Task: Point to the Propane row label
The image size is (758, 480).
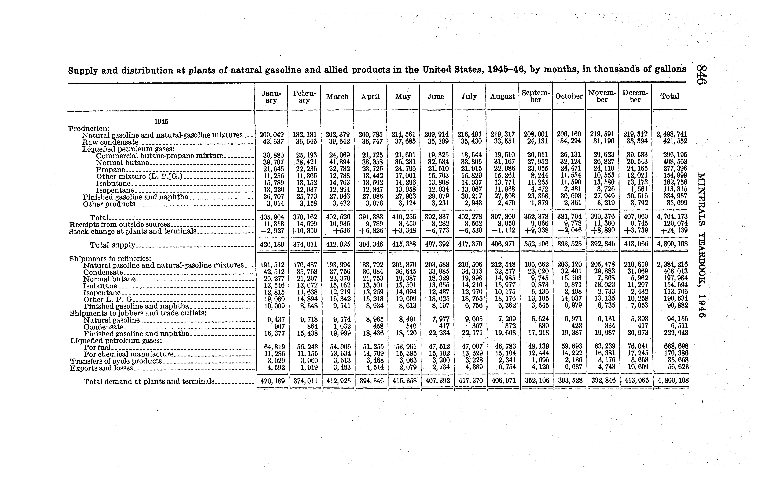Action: (x=110, y=170)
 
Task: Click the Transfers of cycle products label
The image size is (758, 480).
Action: (x=116, y=361)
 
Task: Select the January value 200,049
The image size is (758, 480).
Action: (x=271, y=135)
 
